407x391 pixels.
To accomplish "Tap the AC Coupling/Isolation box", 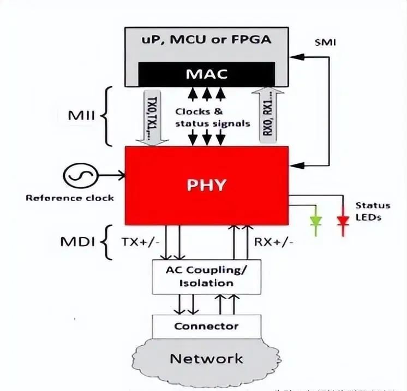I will click(x=206, y=276).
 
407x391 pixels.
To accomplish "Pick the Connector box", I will click(x=206, y=327).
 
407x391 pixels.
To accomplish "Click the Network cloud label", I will click(x=206, y=359).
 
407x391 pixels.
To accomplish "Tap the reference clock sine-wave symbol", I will click(x=80, y=176).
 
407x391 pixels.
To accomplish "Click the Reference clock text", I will click(x=70, y=197).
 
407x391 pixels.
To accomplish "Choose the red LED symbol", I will click(x=343, y=221).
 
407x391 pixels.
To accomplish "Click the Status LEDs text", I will click(x=373, y=211).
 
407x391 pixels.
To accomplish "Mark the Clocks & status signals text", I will click(x=212, y=117).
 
